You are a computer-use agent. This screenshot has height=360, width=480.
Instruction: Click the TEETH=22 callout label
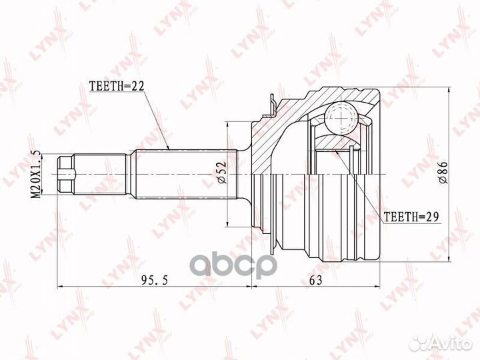[x=116, y=86]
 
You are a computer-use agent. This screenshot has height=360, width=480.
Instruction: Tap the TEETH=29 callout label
[x=411, y=217]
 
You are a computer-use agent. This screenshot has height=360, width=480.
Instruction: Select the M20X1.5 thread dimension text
[x=37, y=174]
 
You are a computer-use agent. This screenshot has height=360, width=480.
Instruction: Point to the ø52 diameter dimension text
[x=222, y=173]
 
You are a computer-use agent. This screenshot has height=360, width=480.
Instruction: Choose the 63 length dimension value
[x=315, y=280]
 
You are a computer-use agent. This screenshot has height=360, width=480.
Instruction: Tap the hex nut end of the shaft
[x=66, y=174]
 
